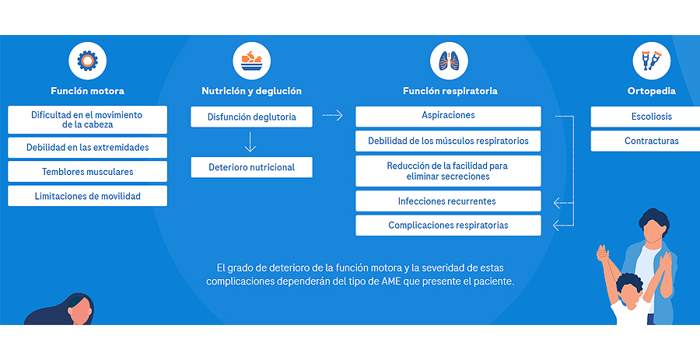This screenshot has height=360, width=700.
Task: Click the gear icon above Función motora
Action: (x=87, y=61)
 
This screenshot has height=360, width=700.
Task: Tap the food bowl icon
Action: (x=252, y=61)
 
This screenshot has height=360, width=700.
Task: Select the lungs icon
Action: (x=449, y=61)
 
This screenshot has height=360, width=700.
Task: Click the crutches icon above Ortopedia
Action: (x=651, y=61)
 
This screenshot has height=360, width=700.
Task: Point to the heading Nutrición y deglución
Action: (x=252, y=91)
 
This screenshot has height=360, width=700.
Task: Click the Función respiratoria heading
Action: (x=450, y=91)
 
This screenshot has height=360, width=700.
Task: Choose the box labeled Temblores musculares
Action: (x=87, y=172)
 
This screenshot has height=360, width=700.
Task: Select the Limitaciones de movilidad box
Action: (x=87, y=196)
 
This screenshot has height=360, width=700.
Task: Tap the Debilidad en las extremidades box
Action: (x=87, y=147)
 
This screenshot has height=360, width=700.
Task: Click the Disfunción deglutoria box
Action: (x=252, y=117)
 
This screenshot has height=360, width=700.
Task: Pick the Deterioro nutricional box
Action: (x=252, y=167)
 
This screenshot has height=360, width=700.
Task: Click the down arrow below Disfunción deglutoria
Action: (x=250, y=142)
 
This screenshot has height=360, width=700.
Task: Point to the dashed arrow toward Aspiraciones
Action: (x=333, y=116)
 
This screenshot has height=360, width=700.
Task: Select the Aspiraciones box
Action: (x=448, y=117)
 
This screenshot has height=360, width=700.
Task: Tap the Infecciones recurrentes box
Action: (x=448, y=201)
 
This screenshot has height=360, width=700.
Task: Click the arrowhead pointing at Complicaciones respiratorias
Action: (x=556, y=225)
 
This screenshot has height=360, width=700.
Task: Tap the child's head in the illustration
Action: (x=628, y=288)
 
